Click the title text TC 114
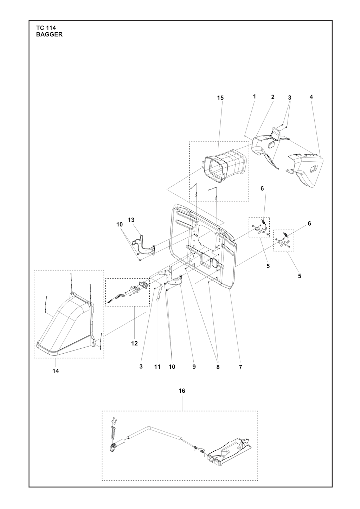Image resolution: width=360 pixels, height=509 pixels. click(x=46, y=28)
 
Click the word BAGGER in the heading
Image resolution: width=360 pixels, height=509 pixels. click(x=49, y=34)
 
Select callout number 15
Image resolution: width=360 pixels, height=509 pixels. click(x=220, y=98)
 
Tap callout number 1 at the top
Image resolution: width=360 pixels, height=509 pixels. click(x=254, y=96)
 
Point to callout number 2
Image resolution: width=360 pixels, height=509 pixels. click(x=272, y=97)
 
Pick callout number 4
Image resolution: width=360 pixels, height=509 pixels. click(x=311, y=97)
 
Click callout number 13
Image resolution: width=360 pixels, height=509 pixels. click(x=131, y=220)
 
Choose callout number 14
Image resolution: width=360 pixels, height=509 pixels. click(x=56, y=371)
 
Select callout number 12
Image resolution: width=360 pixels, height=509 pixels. click(x=134, y=343)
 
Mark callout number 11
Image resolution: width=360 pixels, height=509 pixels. click(x=157, y=367)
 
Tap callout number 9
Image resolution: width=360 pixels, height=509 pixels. click(x=194, y=367)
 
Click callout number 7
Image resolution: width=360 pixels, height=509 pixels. click(x=240, y=367)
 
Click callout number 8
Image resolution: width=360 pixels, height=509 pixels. click(x=218, y=367)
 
